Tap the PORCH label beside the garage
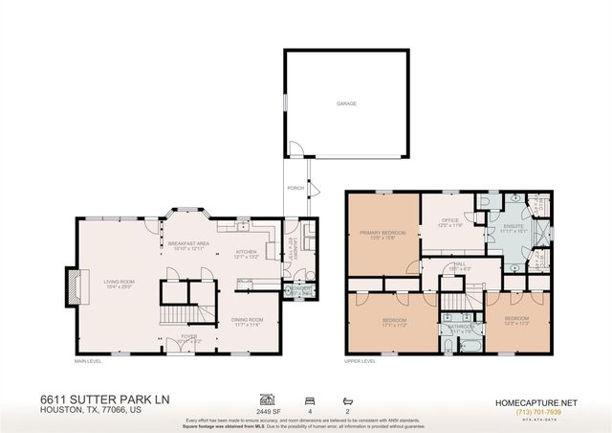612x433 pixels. pos(295,188)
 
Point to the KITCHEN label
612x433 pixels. pos(247,253)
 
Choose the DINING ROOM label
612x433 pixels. pos(247,320)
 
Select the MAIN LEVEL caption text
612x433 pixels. pos(88,361)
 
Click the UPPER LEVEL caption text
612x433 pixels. pos(359,361)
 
